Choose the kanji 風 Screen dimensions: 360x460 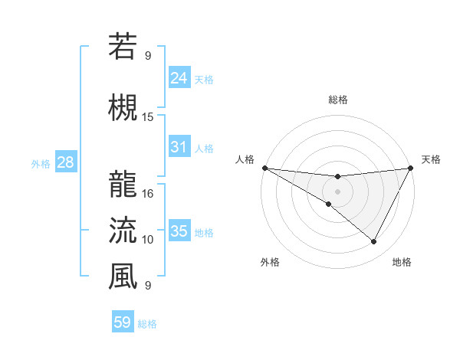(x=123, y=276)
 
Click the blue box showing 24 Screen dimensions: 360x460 (x=179, y=77)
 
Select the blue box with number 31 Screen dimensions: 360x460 (x=179, y=147)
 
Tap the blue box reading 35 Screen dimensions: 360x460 (x=179, y=231)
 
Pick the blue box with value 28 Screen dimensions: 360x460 (x=64, y=162)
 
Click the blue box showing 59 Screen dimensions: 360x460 (x=123, y=322)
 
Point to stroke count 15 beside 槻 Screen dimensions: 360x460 (x=148, y=117)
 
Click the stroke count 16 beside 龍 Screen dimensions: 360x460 (x=148, y=194)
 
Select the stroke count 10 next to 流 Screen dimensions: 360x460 (x=148, y=240)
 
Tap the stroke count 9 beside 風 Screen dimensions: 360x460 (x=148, y=286)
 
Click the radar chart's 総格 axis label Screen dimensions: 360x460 (x=337, y=100)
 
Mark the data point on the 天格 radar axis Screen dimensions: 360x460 (x=410, y=168)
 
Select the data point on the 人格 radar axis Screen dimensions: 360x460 (x=264, y=168)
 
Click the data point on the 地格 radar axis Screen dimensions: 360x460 (x=373, y=242)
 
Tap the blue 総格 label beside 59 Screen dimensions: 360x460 (x=147, y=324)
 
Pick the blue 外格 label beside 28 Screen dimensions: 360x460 (x=40, y=163)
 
